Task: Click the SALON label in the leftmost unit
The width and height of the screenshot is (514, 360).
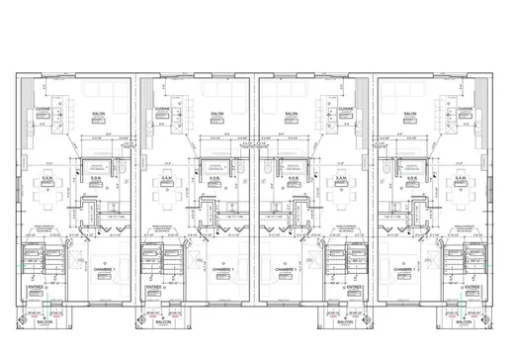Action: (99, 115)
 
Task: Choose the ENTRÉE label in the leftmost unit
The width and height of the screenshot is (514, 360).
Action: (37, 288)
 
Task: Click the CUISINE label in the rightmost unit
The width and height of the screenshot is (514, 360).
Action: (468, 108)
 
